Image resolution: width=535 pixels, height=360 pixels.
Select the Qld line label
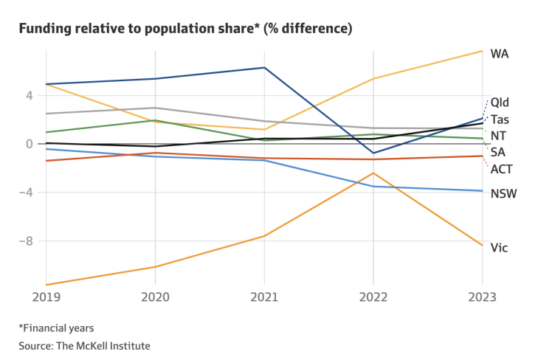tap(500, 103)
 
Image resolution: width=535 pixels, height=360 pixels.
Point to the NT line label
tap(498, 136)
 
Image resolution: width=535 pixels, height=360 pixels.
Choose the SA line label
tap(498, 152)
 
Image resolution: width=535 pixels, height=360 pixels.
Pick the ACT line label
tap(501, 169)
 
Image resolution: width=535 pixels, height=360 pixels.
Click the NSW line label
tap(503, 194)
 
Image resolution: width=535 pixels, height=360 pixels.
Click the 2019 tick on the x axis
tap(46, 297)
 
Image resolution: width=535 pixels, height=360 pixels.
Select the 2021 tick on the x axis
tap(264, 297)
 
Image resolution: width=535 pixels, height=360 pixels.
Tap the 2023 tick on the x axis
tap(481, 297)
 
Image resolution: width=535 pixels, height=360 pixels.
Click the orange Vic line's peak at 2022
tap(373, 173)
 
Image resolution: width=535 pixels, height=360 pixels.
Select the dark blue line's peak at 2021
tap(264, 67)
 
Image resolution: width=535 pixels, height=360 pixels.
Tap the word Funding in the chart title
tap(44, 30)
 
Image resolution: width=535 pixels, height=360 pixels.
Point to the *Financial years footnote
tap(57, 328)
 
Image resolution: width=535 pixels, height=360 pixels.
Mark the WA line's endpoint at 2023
tap(483, 51)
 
